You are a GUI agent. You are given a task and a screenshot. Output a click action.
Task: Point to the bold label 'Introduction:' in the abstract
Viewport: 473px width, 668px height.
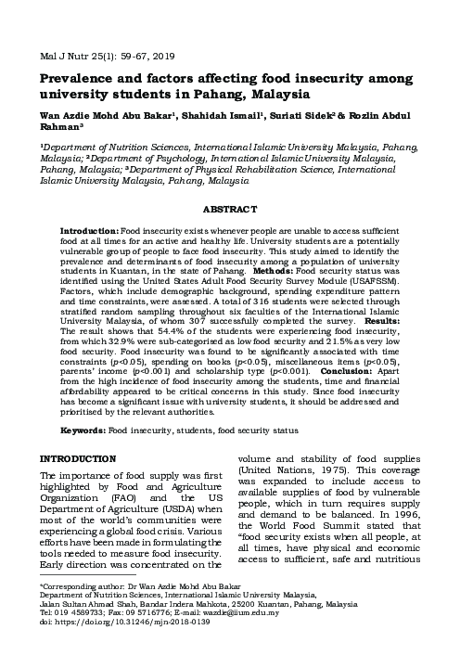click(x=88, y=229)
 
